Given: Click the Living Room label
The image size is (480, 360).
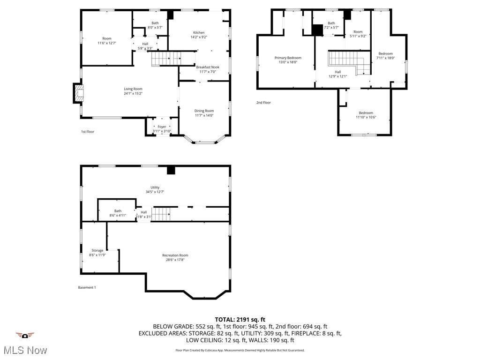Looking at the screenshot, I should click(x=133, y=89).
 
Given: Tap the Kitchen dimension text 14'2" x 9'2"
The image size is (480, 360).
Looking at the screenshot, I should click(x=199, y=37).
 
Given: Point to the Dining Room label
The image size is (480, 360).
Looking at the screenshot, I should click(x=204, y=111).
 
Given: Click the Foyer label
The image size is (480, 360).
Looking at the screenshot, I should click(x=162, y=127).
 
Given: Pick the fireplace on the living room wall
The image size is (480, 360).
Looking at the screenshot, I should click(x=77, y=93).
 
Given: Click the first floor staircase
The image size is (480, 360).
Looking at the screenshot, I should click(x=165, y=59).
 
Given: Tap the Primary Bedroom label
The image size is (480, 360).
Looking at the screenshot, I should click(x=288, y=58).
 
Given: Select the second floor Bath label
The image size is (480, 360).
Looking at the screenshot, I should click(x=331, y=23).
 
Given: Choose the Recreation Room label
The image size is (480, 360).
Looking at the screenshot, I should click(x=175, y=255).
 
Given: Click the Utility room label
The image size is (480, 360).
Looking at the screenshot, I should click(x=155, y=187).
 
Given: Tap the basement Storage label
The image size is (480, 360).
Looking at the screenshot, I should click(x=97, y=250).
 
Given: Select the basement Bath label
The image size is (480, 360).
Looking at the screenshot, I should click(x=118, y=211).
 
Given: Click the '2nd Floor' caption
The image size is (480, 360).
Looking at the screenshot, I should click(x=263, y=102).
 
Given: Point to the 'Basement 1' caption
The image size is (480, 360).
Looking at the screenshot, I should click(x=87, y=287).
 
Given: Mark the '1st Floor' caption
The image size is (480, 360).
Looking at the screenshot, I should click(x=88, y=132).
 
